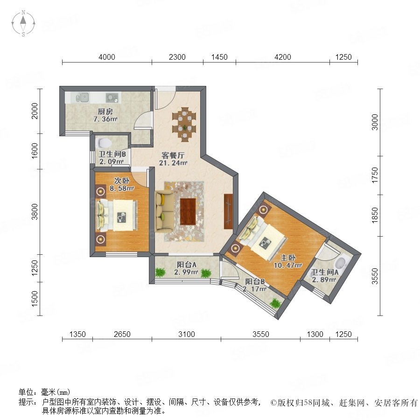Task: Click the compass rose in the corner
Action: [x=23, y=23]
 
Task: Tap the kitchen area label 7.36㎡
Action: [x=105, y=119]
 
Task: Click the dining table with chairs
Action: [x=184, y=124]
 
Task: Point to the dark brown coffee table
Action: [x=188, y=211]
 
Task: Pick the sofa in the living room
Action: [x=164, y=211]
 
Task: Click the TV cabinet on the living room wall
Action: [x=228, y=211]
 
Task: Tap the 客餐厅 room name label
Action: [x=173, y=155]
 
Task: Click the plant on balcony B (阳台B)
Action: [x=276, y=303]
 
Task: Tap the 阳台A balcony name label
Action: [x=186, y=265]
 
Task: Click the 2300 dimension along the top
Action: [x=177, y=57]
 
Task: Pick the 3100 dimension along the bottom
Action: [x=186, y=334]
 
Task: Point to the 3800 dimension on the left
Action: [x=35, y=211]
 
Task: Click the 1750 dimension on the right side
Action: [x=375, y=175]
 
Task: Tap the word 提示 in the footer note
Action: [x=27, y=402]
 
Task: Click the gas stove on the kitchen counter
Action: [x=112, y=98]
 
